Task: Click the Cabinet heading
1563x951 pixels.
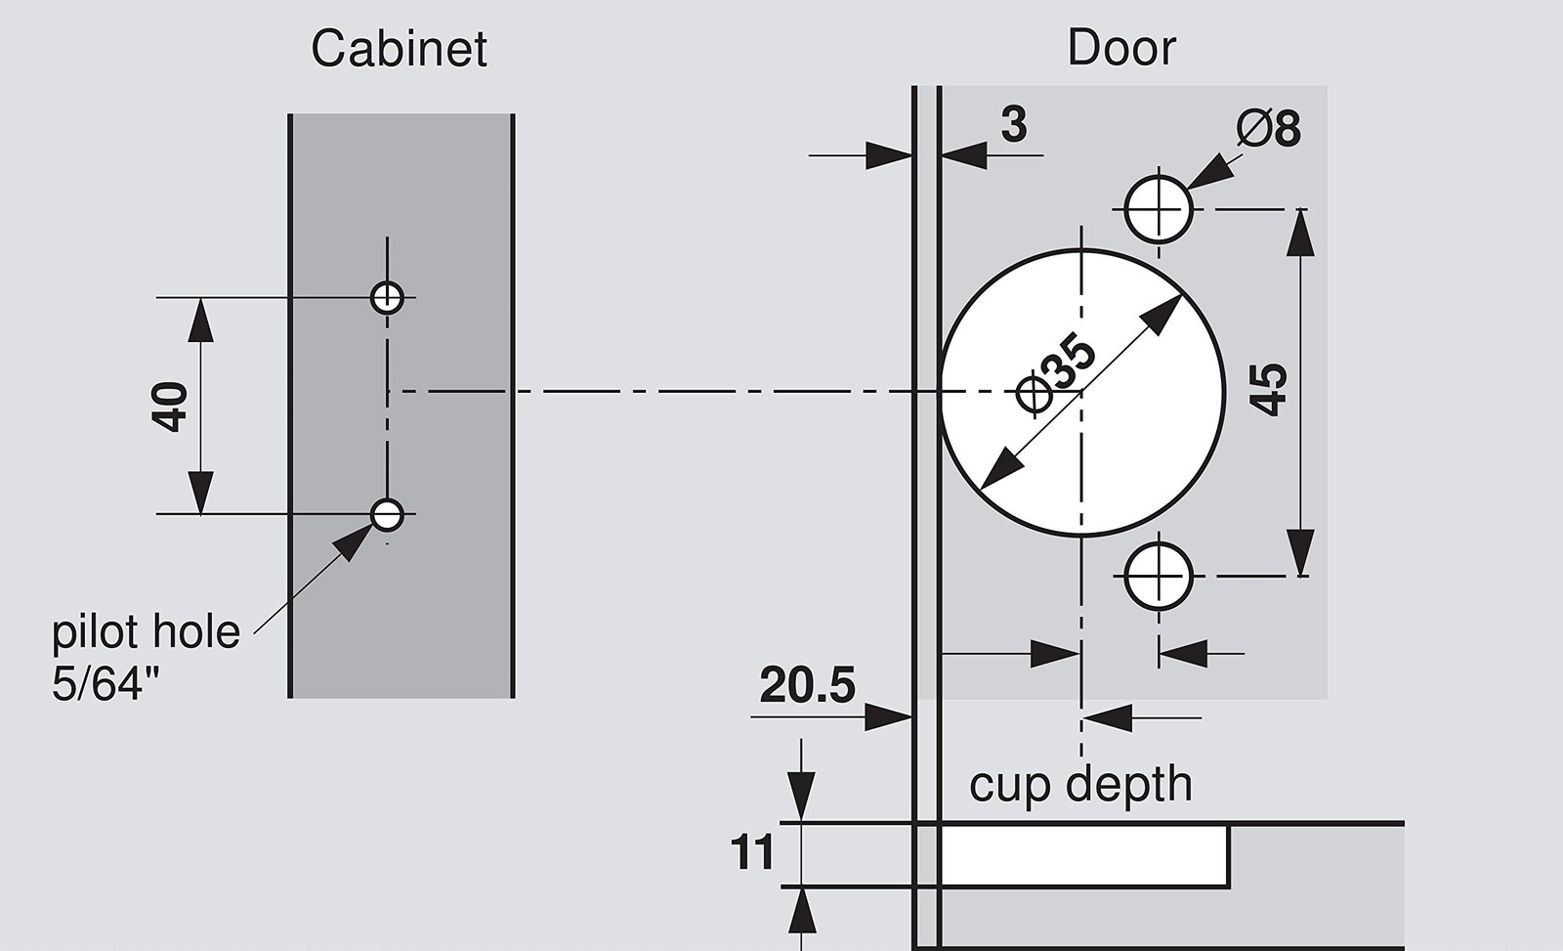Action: pyautogui.click(x=399, y=49)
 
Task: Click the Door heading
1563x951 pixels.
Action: pyautogui.click(x=1122, y=48)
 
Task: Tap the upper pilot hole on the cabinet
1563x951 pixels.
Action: pyautogui.click(x=387, y=297)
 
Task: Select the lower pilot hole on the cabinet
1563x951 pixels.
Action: pyautogui.click(x=387, y=515)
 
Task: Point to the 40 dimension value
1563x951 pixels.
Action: pyautogui.click(x=170, y=407)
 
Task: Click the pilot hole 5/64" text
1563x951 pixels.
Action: pyautogui.click(x=146, y=657)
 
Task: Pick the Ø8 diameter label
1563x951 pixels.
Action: pyautogui.click(x=1269, y=128)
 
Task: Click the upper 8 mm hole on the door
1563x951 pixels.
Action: pyautogui.click(x=1159, y=209)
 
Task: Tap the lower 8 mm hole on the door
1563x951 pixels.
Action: pyautogui.click(x=1159, y=577)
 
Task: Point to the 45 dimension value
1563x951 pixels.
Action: pyautogui.click(x=1267, y=390)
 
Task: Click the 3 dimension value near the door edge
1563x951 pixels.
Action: pyautogui.click(x=1014, y=125)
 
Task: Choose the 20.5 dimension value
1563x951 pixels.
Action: pyautogui.click(x=807, y=685)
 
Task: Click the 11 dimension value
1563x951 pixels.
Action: pyautogui.click(x=752, y=852)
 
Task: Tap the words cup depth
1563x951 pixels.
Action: pyautogui.click(x=1080, y=785)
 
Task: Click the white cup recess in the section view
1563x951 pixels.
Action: pyautogui.click(x=1084, y=855)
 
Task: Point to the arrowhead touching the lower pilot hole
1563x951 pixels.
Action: pyautogui.click(x=353, y=542)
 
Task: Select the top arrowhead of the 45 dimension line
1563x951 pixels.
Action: pyautogui.click(x=1300, y=233)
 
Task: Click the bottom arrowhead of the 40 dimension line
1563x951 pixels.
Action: pyautogui.click(x=200, y=493)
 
